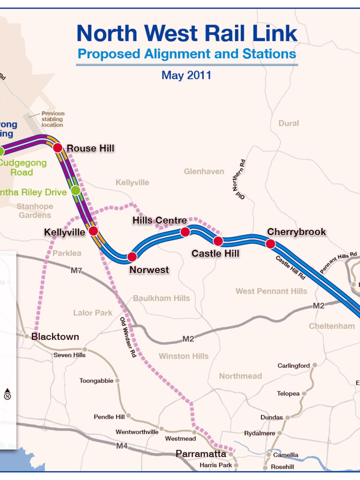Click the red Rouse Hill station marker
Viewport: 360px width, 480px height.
point(57,147)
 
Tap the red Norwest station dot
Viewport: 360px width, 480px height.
point(132,257)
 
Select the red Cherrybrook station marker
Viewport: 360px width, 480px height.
point(270,244)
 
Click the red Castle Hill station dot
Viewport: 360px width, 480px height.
point(218,241)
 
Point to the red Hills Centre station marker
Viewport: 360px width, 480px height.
point(185,232)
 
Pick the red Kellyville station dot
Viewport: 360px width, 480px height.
point(93,231)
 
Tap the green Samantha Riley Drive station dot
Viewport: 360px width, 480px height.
point(75,190)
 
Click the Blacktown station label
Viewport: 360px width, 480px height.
point(55,337)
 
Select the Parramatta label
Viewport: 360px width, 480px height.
point(201,454)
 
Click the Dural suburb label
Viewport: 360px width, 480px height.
point(289,123)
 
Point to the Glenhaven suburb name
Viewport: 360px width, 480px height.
point(204,171)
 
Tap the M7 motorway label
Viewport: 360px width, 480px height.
point(76,271)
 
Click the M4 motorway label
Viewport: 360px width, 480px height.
point(122,446)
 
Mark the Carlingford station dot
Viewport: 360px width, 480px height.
point(314,365)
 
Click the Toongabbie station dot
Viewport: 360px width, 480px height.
point(118,380)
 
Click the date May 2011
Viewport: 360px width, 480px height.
point(186,75)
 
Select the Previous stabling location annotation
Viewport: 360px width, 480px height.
point(53,119)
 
